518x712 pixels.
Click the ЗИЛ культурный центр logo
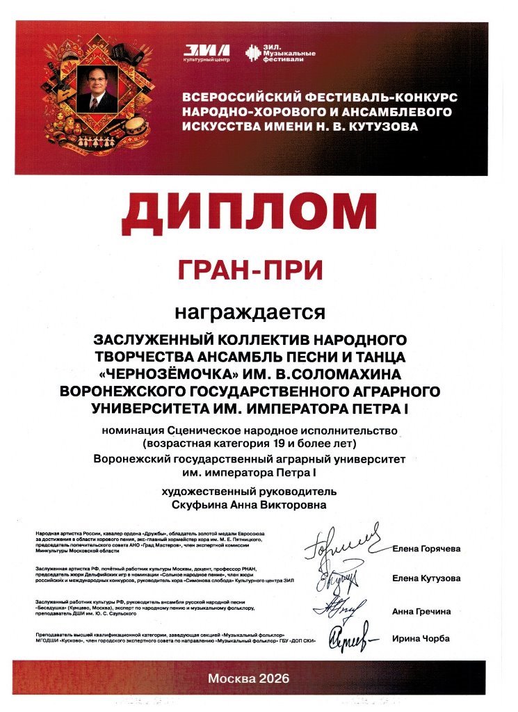click(x=206, y=54)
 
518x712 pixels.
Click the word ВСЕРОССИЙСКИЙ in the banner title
click(x=235, y=95)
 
